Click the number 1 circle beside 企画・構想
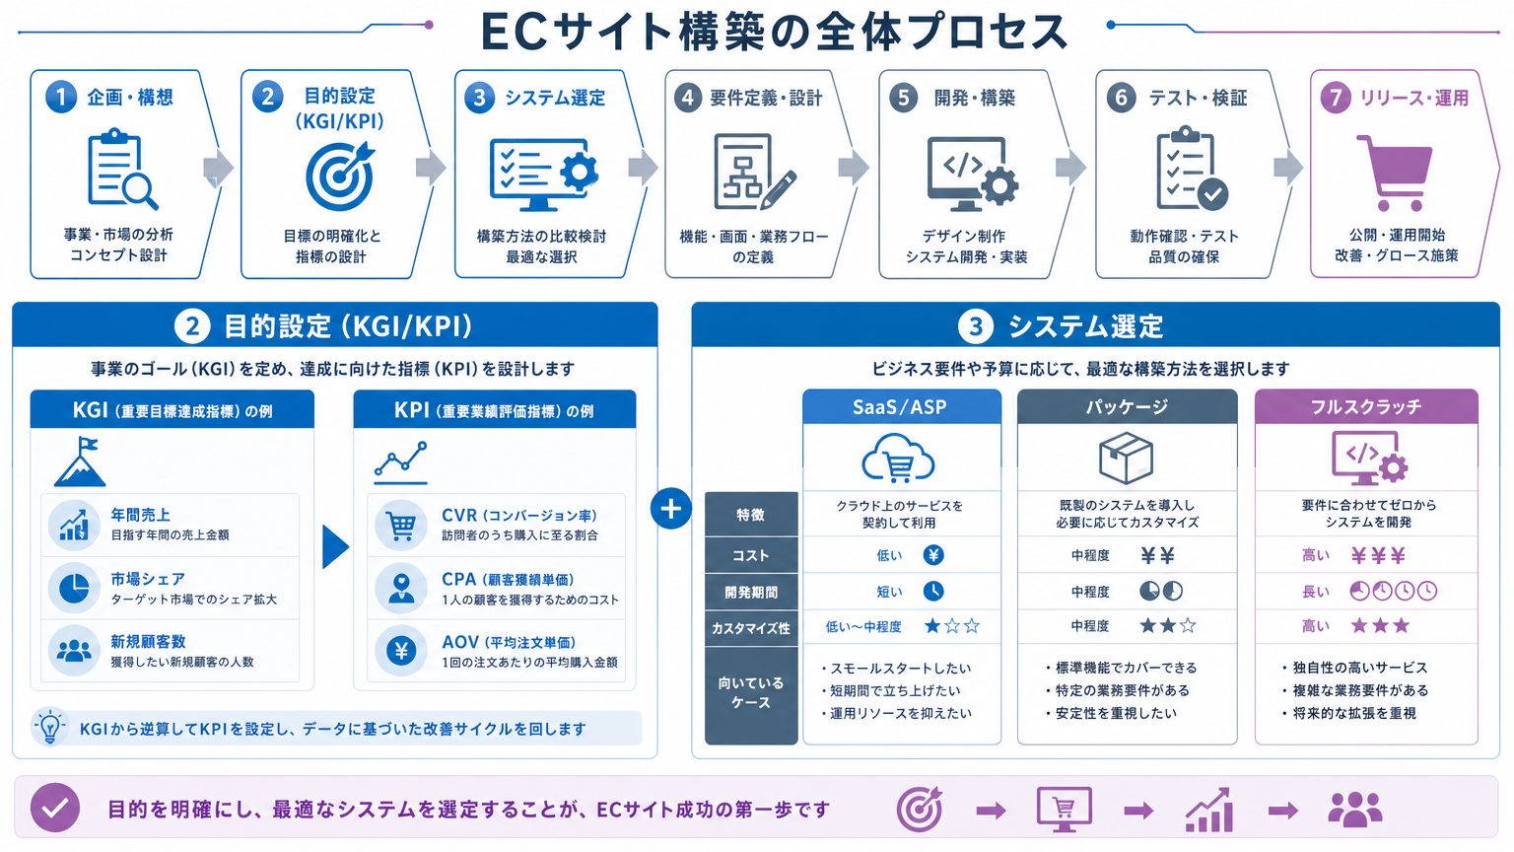point(61,98)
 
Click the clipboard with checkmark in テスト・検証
point(1191,168)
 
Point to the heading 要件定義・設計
point(766,99)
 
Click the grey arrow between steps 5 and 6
point(1070,167)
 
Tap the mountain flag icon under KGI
point(80,461)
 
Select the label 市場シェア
point(147,579)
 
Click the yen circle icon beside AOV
point(401,651)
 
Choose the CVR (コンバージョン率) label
point(519,516)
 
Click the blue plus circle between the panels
point(670,509)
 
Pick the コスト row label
point(751,556)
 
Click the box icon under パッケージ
point(1126,459)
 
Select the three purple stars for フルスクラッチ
point(1380,625)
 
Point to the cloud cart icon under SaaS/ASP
point(898,459)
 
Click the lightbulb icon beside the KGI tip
point(49,728)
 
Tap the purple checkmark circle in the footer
point(55,808)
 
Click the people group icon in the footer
point(1355,810)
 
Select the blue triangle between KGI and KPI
point(336,546)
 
